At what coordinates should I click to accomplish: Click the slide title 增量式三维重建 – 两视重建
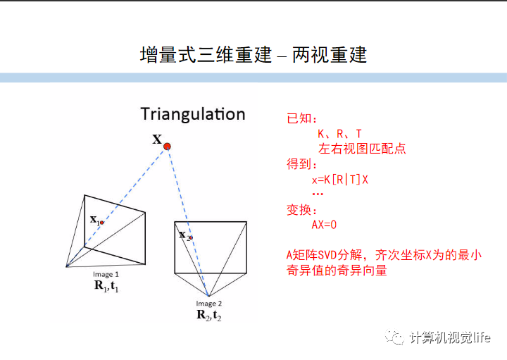[254, 54]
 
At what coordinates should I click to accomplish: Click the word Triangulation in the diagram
[192, 114]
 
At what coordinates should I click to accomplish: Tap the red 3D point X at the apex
[167, 147]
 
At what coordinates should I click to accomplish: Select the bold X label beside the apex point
[157, 139]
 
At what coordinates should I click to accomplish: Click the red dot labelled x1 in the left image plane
[101, 223]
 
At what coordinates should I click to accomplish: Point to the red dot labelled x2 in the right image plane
[189, 238]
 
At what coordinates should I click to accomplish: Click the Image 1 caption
[106, 274]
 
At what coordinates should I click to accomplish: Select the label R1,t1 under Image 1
[106, 285]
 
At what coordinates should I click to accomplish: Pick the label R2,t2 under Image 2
[209, 315]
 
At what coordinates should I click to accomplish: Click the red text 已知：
[302, 118]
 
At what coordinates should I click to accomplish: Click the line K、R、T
[339, 134]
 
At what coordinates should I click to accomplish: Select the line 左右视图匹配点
[362, 149]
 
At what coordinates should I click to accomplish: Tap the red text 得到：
[302, 164]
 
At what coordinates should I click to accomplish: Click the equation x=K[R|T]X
[340, 180]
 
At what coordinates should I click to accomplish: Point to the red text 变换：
[302, 210]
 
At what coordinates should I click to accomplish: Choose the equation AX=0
[325, 225]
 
